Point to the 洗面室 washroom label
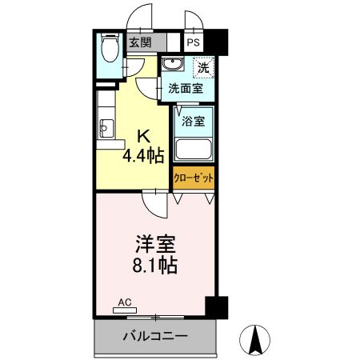tap(190, 90)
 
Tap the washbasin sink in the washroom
tap(171, 66)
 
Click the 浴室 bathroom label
tap(193, 122)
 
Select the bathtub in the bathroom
tap(193, 150)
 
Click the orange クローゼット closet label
tap(193, 178)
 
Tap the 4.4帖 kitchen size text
tap(143, 154)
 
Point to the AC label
tap(124, 303)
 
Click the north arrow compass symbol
tap(256, 339)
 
